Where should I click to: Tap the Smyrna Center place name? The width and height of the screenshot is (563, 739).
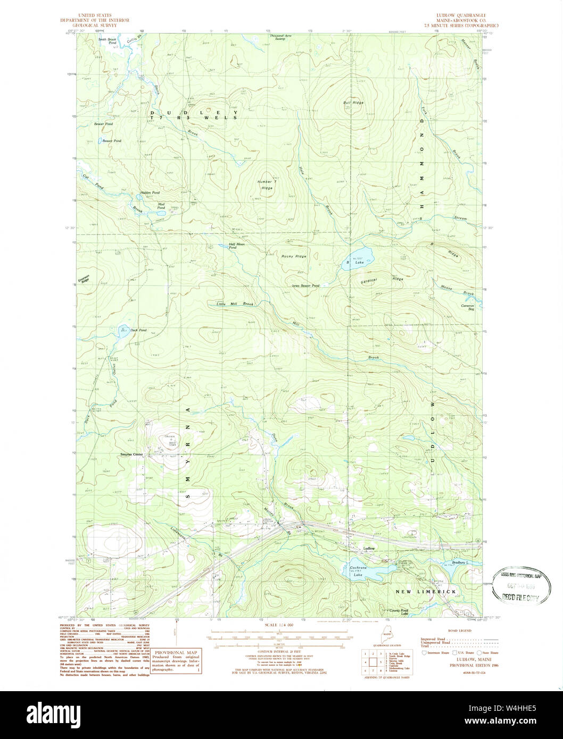131,455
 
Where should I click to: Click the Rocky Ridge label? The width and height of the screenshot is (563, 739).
294,256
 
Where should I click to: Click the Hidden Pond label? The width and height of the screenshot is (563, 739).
150,192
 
